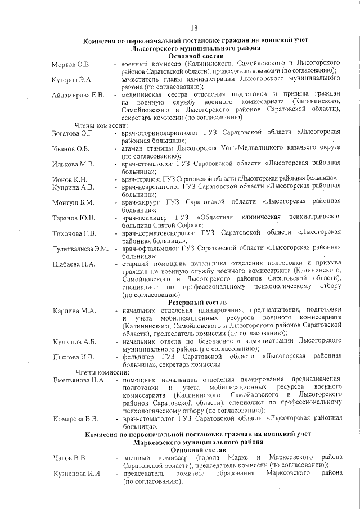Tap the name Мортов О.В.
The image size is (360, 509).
[71, 66]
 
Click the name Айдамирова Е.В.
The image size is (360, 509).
[78, 94]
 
